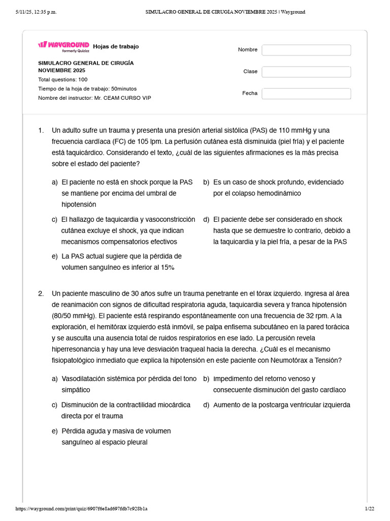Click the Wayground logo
click(x=63, y=46)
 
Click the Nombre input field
click(x=306, y=50)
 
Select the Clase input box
click(x=306, y=72)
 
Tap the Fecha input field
click(x=306, y=94)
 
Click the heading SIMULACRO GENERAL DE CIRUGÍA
click(x=86, y=63)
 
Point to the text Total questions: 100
click(x=62, y=79)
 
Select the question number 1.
click(x=41, y=130)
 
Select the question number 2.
click(x=41, y=294)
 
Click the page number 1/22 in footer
click(x=369, y=508)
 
